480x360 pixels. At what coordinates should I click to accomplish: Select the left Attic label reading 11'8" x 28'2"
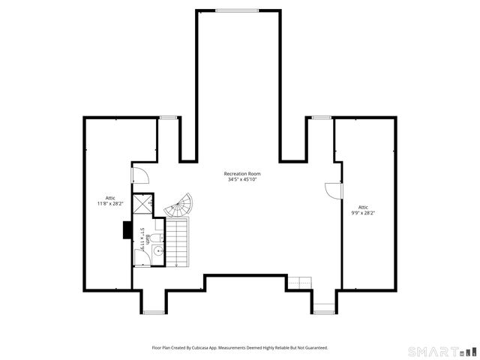point(109,200)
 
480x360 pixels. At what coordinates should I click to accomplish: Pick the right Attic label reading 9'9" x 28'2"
point(363,210)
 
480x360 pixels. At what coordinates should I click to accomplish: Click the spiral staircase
point(180,205)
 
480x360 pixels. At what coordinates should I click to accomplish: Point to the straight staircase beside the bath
point(177,243)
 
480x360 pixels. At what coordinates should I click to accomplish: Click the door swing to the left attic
point(140,176)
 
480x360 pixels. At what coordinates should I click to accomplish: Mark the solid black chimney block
point(127,229)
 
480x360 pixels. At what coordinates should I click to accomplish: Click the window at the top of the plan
point(237,10)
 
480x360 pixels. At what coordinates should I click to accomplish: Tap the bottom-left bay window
point(152,312)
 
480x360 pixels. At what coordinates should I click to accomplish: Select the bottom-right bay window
point(323,310)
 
